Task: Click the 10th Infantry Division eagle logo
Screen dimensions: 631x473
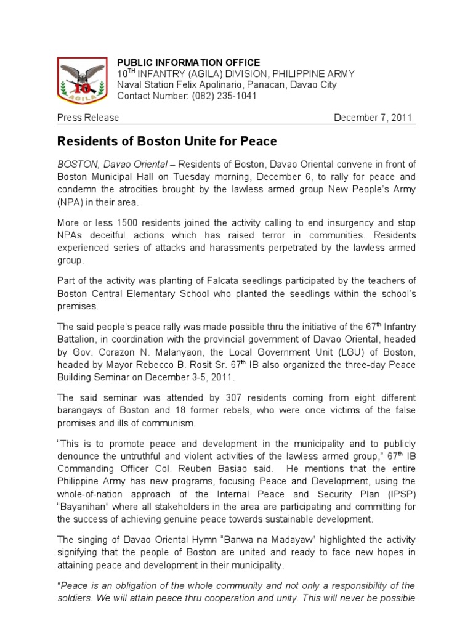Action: (83, 80)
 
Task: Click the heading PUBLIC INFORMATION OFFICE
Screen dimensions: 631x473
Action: (189, 63)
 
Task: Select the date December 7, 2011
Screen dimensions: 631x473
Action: (373, 118)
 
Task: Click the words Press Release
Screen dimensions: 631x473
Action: (88, 118)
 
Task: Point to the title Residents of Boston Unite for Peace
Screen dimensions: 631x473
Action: (167, 142)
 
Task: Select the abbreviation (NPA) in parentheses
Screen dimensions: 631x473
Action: (71, 202)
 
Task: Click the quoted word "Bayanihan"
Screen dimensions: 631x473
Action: (84, 507)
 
